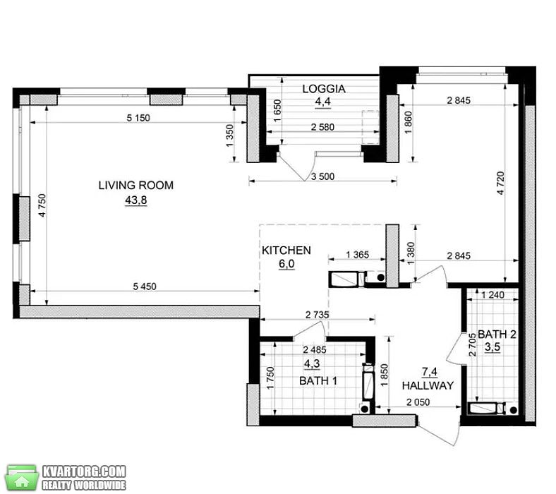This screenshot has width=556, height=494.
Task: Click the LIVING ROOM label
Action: pos(135,185)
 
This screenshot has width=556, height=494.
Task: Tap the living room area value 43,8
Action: pos(135,200)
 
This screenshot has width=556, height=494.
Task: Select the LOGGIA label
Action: pos(324,89)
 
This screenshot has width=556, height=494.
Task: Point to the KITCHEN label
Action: pos(286,251)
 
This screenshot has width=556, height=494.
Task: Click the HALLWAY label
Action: pos(428,385)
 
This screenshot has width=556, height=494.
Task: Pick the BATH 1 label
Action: pos(318,381)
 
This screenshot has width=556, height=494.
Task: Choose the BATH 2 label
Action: pos(497,334)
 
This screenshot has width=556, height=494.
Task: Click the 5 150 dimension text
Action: pos(138,117)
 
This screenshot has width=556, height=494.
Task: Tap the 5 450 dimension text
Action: pos(145,287)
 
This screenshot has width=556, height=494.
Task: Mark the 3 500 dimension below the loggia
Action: pos(322,176)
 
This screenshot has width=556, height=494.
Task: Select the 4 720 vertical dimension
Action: pos(500,183)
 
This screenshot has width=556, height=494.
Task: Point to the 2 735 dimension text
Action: pos(317,314)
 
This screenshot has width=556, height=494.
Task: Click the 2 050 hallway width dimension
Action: pos(418,402)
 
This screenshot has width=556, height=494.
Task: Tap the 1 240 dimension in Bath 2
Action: pos(492,294)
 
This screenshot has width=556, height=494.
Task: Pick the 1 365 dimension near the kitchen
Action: pos(358,254)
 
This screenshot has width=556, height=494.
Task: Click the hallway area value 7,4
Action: pos(430,372)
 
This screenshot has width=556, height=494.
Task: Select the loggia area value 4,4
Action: pos(323,102)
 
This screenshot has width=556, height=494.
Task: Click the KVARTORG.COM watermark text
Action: pos(84,471)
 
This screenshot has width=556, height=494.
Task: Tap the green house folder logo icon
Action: pos(23,478)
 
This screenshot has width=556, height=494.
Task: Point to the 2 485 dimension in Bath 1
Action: pos(315,349)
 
